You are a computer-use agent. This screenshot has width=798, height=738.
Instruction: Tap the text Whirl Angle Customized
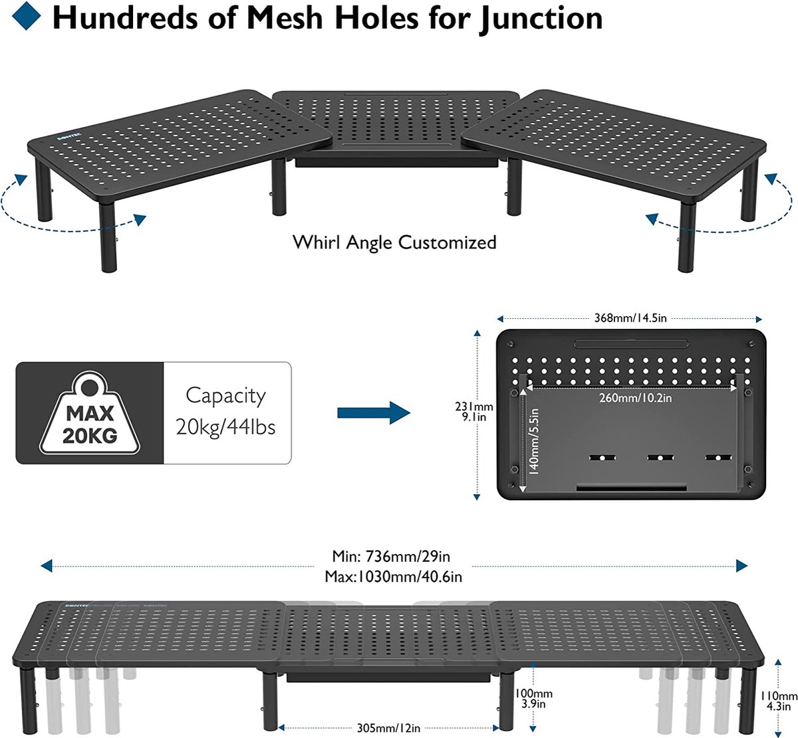click(394, 242)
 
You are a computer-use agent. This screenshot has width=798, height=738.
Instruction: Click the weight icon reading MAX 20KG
click(90, 413)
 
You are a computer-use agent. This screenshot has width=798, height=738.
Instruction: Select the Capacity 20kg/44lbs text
click(226, 412)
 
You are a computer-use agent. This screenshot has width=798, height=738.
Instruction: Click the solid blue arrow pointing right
click(374, 413)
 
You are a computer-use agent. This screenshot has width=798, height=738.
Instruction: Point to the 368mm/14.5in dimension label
click(630, 318)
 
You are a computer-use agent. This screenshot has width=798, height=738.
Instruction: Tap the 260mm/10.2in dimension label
click(635, 398)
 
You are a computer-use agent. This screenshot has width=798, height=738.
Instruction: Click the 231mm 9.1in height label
click(474, 412)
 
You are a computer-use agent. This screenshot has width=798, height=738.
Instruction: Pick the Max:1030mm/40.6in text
click(393, 577)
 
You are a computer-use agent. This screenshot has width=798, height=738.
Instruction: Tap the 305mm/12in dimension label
click(388, 728)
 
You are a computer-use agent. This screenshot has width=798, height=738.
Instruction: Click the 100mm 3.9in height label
click(534, 698)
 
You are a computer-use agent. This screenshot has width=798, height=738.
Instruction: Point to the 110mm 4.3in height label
click(779, 701)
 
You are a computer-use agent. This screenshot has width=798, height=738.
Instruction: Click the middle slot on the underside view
click(660, 458)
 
